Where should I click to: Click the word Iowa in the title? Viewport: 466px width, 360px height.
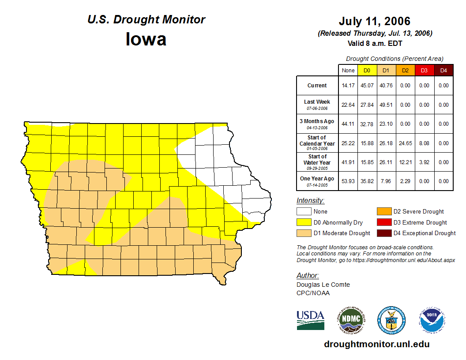pos(146,39)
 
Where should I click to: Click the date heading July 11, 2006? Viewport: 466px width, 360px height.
pos(374,21)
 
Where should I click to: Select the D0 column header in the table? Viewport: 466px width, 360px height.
pos(367,70)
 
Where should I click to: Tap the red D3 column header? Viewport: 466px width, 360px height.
pos(424,70)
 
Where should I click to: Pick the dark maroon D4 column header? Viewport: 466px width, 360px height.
pos(443,70)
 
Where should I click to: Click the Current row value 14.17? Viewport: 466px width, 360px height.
pos(348,86)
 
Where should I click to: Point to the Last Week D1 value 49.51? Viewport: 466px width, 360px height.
pos(386,105)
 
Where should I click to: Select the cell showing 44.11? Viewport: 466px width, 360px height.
pos(348,124)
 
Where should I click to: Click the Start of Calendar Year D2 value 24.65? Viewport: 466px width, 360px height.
pos(405,143)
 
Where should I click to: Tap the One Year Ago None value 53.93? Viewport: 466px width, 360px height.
pos(348,181)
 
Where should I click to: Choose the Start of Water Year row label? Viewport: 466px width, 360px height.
pos(317,162)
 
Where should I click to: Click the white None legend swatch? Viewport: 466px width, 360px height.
pos(303,212)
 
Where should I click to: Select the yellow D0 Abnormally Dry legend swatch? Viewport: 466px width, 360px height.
pos(303,222)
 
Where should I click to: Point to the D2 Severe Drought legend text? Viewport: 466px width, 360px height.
pos(418,212)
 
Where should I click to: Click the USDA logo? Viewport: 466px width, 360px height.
pos(310,320)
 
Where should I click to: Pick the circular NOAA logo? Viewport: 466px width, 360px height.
pos(432,320)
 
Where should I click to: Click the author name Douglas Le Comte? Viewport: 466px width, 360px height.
pos(323,285)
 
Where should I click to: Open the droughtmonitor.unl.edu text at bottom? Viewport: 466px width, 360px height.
pos(376,344)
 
